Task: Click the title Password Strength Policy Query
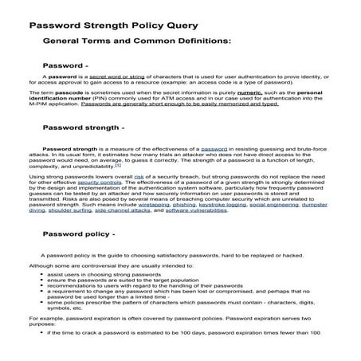(114, 25)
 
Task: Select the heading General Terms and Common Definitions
(136, 39)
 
